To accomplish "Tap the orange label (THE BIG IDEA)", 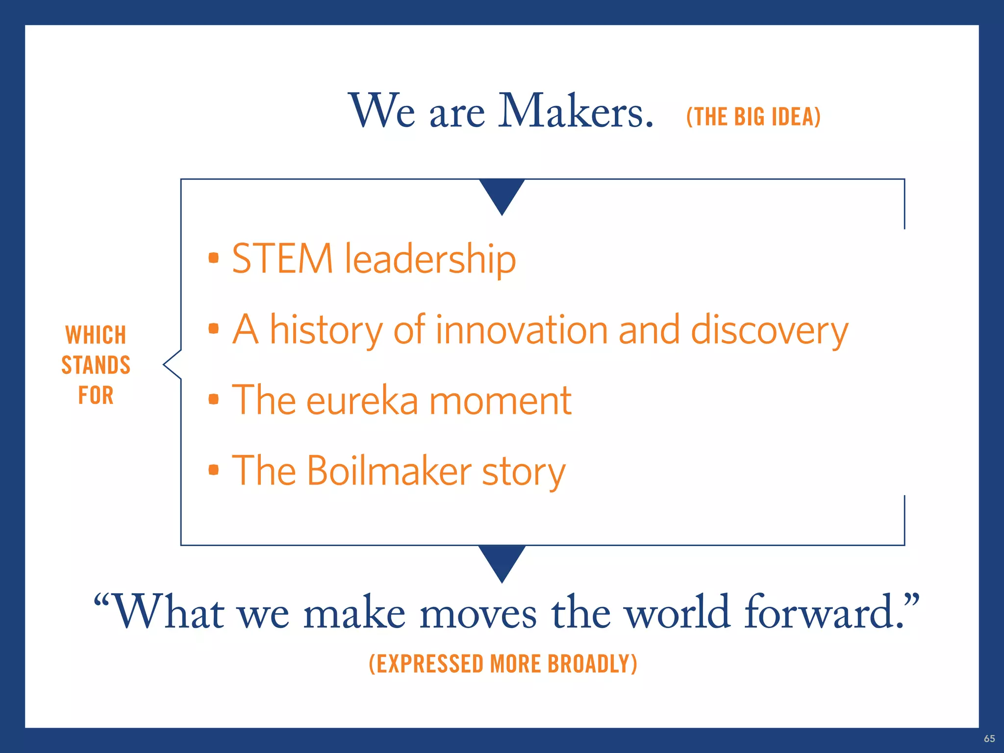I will pos(753,117).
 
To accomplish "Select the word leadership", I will pos(430,259).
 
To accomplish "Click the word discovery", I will pos(769,331).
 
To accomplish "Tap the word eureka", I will pos(362,401).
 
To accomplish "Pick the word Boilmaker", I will pos(390,471).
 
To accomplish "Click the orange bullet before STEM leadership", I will pos(213,258).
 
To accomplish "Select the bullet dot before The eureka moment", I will pos(213,399).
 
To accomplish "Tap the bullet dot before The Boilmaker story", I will pos(213,470).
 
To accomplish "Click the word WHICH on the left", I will pos(96,335).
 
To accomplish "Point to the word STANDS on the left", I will pos(96,365).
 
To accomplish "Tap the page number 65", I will pos(989,738).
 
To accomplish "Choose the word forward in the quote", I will pos(824,612).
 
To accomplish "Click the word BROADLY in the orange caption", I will pos(592,664).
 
